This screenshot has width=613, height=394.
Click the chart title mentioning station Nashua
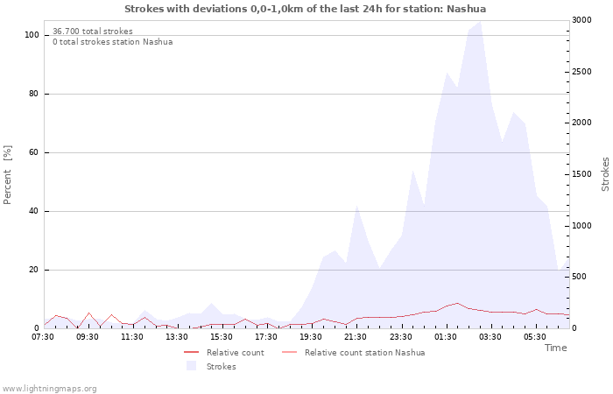click(305, 9)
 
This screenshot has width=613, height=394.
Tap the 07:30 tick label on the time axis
click(43, 336)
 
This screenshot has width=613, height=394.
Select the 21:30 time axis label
click(356, 336)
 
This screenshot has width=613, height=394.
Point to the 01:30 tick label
click(445, 336)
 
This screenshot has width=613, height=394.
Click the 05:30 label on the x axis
click(535, 336)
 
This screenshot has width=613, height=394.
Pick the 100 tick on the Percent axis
click(32, 35)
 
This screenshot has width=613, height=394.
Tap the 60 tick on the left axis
click(33, 152)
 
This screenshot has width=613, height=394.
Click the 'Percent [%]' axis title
click(8, 174)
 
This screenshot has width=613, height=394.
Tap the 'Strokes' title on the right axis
click(605, 174)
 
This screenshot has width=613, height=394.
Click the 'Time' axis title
click(555, 348)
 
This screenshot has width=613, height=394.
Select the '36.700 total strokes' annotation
click(92, 31)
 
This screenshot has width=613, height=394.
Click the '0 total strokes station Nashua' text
click(112, 41)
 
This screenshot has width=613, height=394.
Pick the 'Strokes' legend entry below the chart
click(221, 366)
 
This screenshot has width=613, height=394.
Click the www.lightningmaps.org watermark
click(49, 388)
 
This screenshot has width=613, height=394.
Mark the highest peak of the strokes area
click(480, 21)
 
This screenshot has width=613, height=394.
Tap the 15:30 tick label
click(222, 336)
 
